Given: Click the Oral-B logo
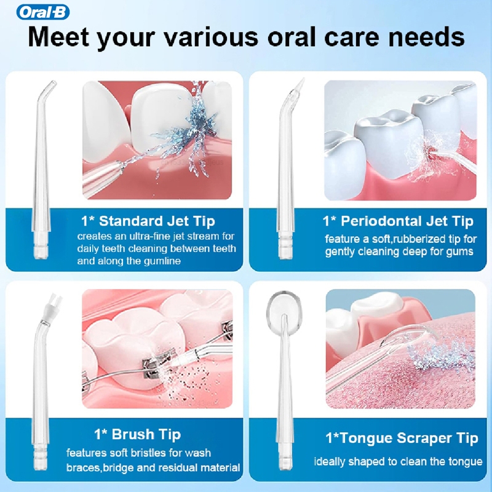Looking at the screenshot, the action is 42,12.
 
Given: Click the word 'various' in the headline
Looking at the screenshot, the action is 211,37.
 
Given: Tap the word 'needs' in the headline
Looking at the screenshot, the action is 426,37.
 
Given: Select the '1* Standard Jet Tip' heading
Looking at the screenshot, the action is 148,221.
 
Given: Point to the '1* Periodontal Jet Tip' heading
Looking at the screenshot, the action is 398,221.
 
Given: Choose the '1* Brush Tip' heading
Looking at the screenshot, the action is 137,434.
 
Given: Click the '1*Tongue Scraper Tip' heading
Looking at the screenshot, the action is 402,438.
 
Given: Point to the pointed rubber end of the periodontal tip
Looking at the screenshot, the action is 300,85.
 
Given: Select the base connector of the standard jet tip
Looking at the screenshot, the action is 41,245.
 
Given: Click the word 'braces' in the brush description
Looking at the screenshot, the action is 83,468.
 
